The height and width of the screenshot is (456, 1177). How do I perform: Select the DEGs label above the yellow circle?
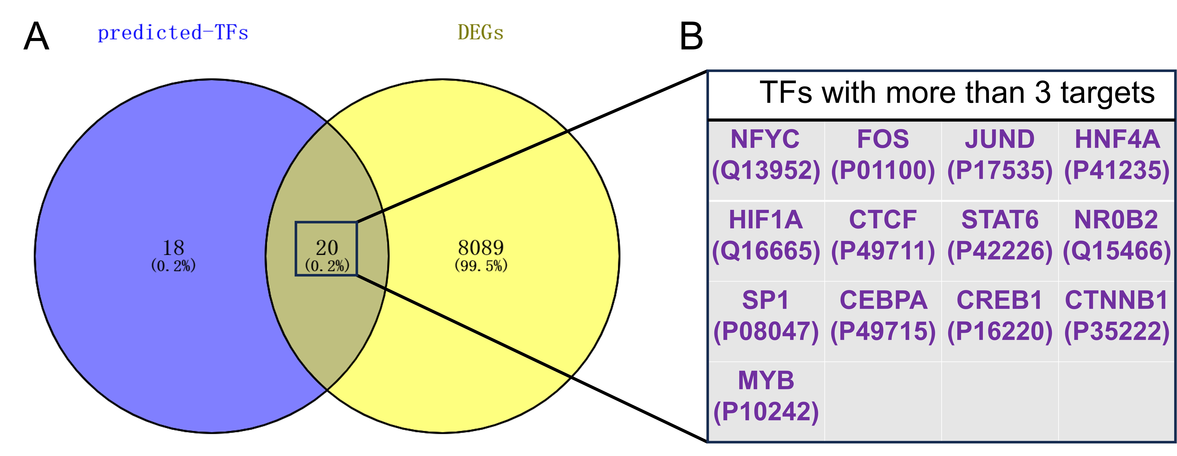pyautogui.click(x=480, y=32)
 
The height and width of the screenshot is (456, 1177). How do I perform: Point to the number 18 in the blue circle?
pyautogui.click(x=174, y=248)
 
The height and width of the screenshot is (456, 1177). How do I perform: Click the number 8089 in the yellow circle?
pyautogui.click(x=481, y=248)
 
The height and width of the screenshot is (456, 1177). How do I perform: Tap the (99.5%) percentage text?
pyautogui.click(x=481, y=266)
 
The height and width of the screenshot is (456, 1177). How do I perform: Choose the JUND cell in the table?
pyautogui.click(x=1000, y=160)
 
